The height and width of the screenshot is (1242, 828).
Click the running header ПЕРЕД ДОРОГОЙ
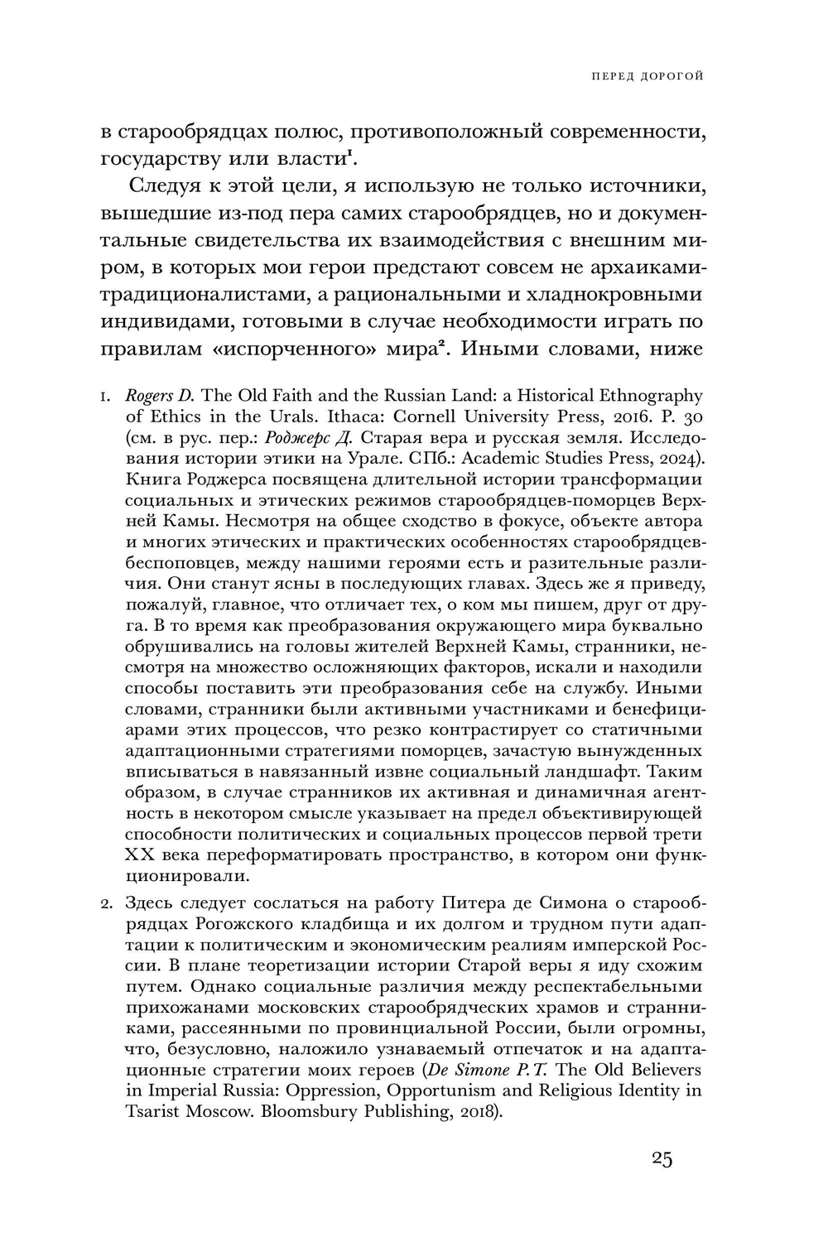(x=647, y=77)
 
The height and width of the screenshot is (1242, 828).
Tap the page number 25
(x=662, y=1158)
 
